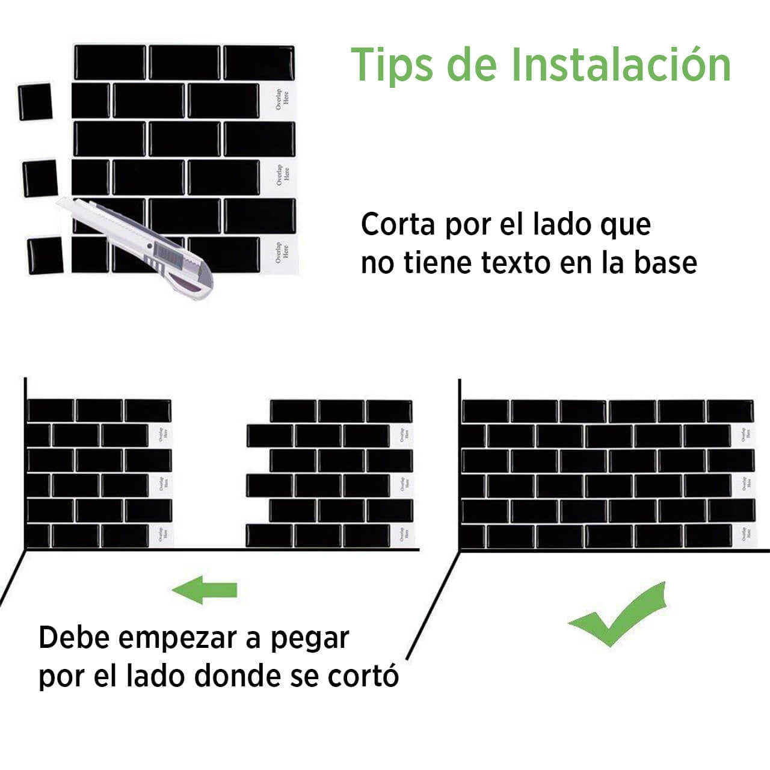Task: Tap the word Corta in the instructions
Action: pos(398,225)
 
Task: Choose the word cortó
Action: pos(363,676)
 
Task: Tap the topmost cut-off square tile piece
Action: pos(34,102)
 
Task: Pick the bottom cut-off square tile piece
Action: pos(45,255)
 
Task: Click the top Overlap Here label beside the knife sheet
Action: pos(282,100)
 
